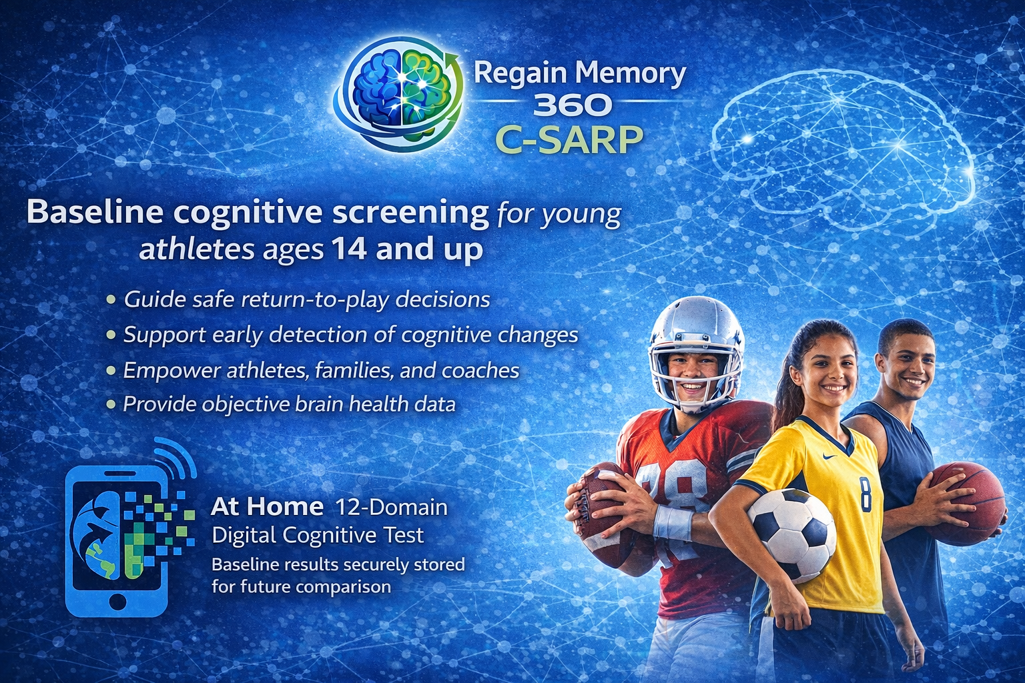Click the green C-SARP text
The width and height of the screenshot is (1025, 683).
569,139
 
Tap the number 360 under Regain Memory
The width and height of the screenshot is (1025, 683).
573,105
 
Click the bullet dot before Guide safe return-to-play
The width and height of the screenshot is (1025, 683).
111,299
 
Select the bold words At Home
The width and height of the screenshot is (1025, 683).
267,506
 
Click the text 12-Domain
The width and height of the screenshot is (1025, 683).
391,507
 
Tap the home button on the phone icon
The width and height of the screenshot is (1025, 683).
117,601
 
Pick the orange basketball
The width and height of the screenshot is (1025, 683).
966,503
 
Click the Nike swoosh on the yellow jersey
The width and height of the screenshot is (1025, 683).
829,456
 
